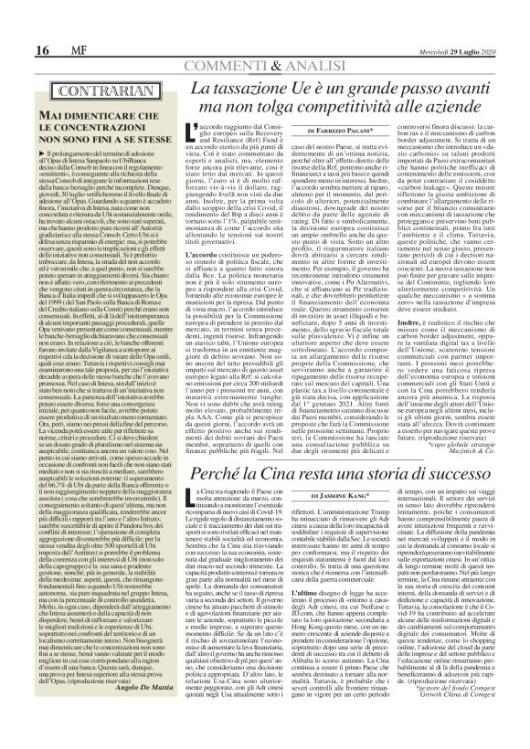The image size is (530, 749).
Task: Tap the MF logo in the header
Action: [x=43, y=24]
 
